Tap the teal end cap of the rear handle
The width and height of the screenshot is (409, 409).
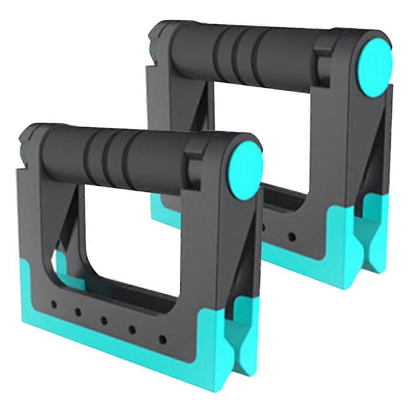tap(375, 67)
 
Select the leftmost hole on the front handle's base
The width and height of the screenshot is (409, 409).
tap(53, 305)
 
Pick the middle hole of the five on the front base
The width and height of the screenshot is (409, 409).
tap(104, 319)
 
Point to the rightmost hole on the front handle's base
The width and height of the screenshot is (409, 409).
tap(162, 339)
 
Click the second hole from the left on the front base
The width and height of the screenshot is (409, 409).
tap(78, 311)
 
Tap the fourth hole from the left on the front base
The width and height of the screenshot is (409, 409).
tap(133, 329)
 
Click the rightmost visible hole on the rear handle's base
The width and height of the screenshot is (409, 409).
tap(291, 236)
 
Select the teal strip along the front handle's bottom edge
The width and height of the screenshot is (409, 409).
tap(114, 347)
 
